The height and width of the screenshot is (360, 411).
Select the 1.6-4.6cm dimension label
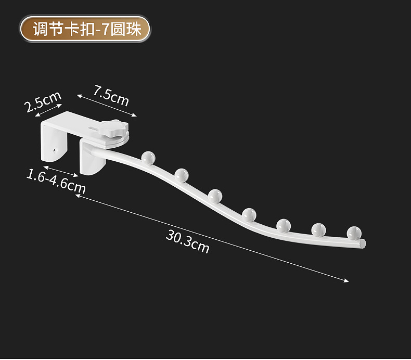tap(56, 180)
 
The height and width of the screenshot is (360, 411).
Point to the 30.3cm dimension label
tap(188, 241)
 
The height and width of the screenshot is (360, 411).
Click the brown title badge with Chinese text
tap(85, 29)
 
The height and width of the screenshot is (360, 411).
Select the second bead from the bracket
tap(182, 175)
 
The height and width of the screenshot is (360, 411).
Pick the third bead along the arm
tap(215, 196)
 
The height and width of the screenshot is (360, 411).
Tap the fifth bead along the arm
tap(284, 225)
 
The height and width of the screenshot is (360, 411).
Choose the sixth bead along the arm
tap(318, 228)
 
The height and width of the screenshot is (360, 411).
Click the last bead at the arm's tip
tap(354, 232)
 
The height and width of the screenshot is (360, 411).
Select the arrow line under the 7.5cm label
tap(107, 105)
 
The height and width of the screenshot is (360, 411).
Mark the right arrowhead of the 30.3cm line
tap(347, 281)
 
